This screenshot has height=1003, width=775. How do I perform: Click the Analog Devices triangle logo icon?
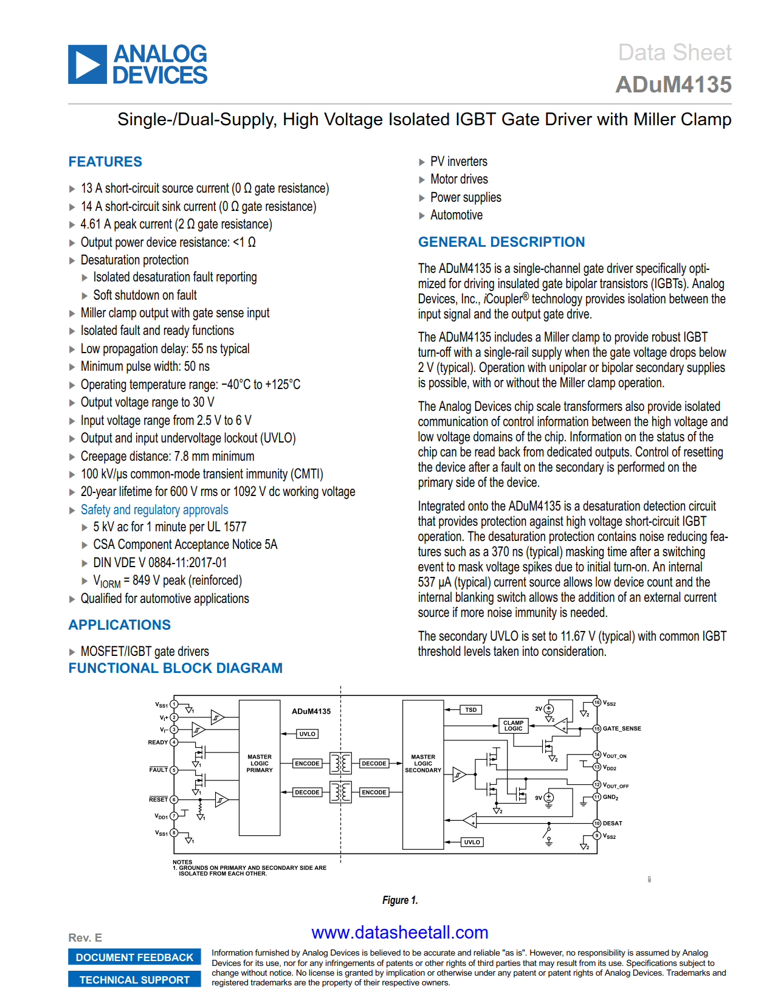pos(88,64)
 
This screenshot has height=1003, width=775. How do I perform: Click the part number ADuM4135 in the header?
pos(673,84)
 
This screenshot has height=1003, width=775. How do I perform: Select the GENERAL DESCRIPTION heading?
pos(501,242)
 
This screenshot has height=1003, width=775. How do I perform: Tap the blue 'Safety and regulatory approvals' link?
pos(154,509)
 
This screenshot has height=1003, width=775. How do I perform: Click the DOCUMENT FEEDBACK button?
pos(134,957)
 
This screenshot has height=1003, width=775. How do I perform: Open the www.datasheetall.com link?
pos(399,932)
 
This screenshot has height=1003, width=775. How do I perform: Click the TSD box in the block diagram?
pos(471,709)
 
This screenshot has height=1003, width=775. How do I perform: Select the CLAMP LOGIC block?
pos(513,725)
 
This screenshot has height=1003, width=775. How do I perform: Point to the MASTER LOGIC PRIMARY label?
pos(260,763)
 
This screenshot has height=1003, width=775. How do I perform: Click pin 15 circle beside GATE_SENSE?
pos(597,728)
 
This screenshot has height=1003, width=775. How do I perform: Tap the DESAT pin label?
pos(612,823)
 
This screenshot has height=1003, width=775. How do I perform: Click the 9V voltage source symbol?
pos(549,798)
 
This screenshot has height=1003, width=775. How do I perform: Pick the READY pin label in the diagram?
pos(158,742)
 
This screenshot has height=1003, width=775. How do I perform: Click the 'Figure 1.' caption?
pos(400,900)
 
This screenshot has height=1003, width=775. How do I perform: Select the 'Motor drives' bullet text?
pos(459,179)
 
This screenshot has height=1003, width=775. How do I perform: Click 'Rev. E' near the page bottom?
pos(85,937)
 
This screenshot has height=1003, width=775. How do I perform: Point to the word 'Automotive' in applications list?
pos(456,215)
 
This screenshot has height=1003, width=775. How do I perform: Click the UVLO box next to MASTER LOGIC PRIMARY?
pos(307,734)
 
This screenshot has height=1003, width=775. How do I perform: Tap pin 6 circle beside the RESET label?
pos(174,799)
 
